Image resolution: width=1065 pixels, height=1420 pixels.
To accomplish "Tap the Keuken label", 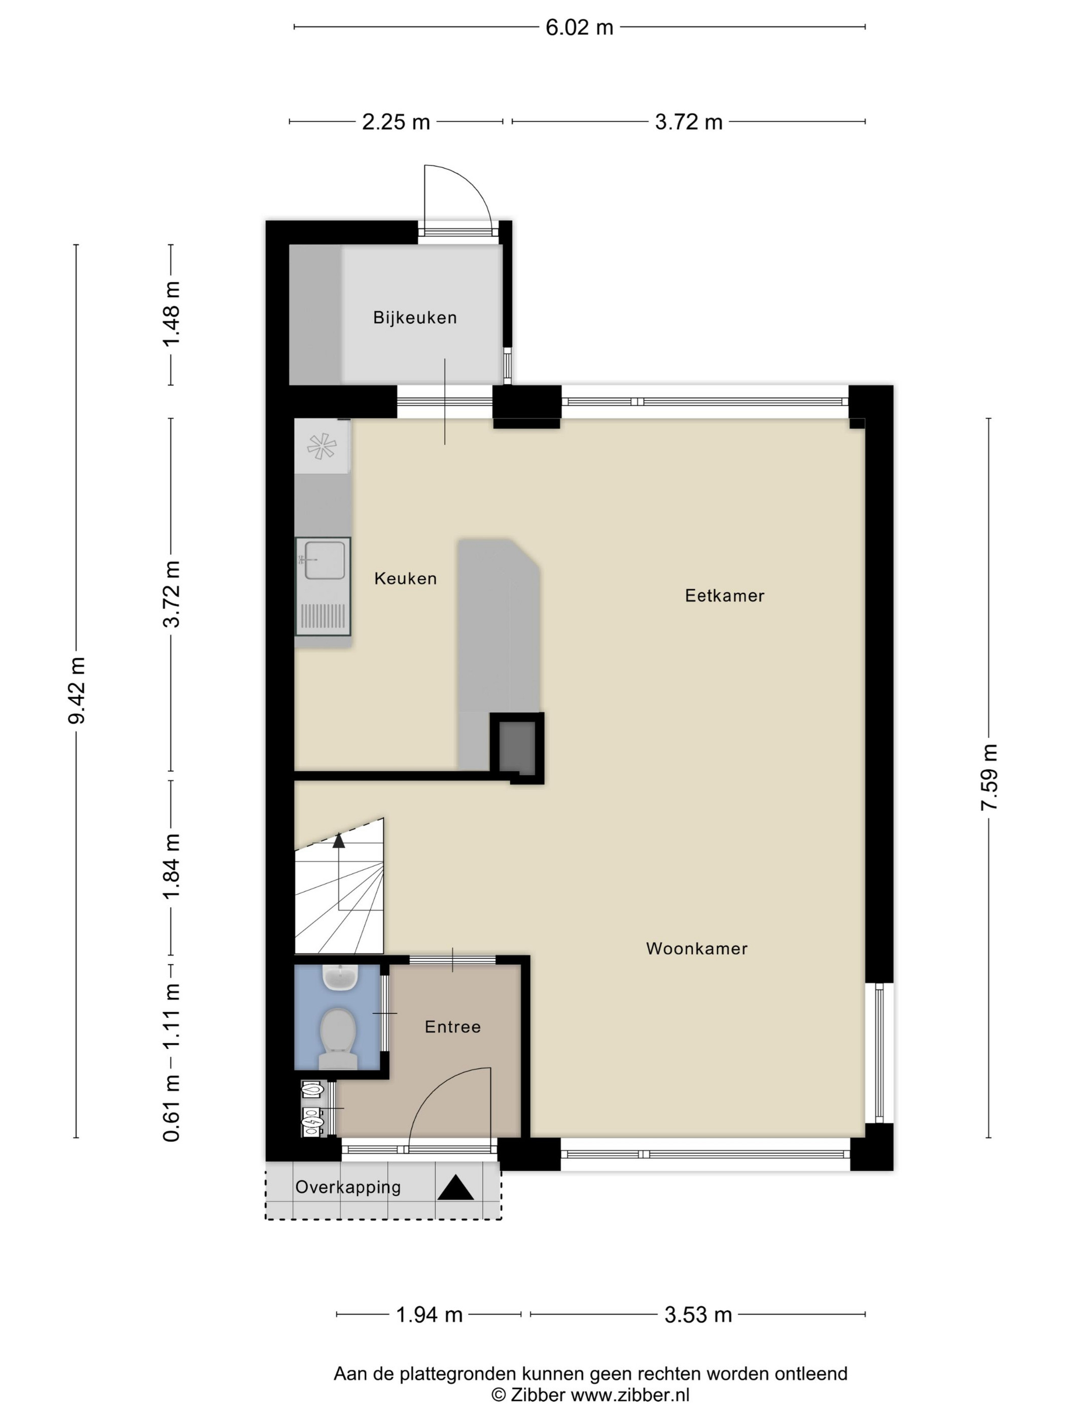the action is (x=405, y=579).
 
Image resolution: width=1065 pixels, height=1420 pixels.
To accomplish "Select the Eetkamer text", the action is (x=725, y=596).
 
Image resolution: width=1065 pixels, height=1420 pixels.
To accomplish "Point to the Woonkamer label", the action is (x=696, y=948).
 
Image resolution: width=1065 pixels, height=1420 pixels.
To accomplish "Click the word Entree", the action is (x=452, y=1026).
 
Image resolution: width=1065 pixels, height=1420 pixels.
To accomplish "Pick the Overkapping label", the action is (x=348, y=1188).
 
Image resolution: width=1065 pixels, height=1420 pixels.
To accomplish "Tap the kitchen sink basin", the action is (x=326, y=560).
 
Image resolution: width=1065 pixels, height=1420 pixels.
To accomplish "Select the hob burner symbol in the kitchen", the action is (x=322, y=446).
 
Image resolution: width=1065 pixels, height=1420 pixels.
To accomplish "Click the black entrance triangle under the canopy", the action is (x=456, y=1188).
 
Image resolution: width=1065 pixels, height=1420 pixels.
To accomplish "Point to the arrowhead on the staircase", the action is (x=338, y=840).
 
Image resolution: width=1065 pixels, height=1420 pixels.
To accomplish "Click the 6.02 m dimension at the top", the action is (x=579, y=27).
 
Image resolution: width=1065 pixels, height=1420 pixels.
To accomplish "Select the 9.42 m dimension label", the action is (x=77, y=691).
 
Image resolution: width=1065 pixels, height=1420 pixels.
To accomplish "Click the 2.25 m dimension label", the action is (x=396, y=122).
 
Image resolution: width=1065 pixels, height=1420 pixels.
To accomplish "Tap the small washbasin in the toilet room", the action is (x=340, y=978).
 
